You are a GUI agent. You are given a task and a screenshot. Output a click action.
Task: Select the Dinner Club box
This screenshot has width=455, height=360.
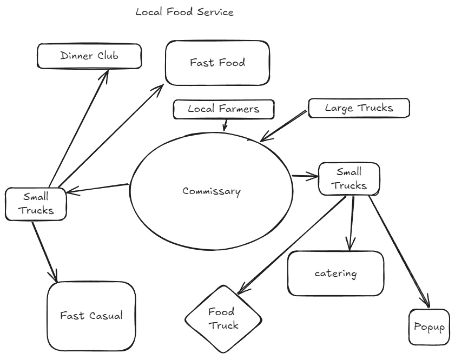click(x=89, y=56)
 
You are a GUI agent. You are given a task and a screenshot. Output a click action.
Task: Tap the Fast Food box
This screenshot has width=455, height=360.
click(x=217, y=63)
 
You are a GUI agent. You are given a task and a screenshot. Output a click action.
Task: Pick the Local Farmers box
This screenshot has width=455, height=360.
click(x=223, y=109)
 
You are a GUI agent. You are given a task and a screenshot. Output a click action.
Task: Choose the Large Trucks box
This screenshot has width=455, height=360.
click(x=359, y=108)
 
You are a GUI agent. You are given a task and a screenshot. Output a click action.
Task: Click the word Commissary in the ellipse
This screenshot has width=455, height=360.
click(x=211, y=191)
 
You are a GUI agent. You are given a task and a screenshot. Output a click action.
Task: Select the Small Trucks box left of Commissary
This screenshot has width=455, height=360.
click(x=36, y=204)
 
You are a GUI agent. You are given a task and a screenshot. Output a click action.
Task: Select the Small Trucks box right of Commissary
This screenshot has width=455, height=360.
click(x=349, y=179)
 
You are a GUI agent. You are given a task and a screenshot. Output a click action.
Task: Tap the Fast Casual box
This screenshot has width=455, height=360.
click(x=91, y=316)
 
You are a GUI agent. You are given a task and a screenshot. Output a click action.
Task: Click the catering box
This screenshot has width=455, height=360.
click(x=335, y=273)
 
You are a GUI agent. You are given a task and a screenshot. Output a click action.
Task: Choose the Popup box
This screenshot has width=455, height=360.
click(x=429, y=327)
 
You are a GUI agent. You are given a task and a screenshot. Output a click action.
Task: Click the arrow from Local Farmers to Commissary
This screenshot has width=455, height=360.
click(x=225, y=125)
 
